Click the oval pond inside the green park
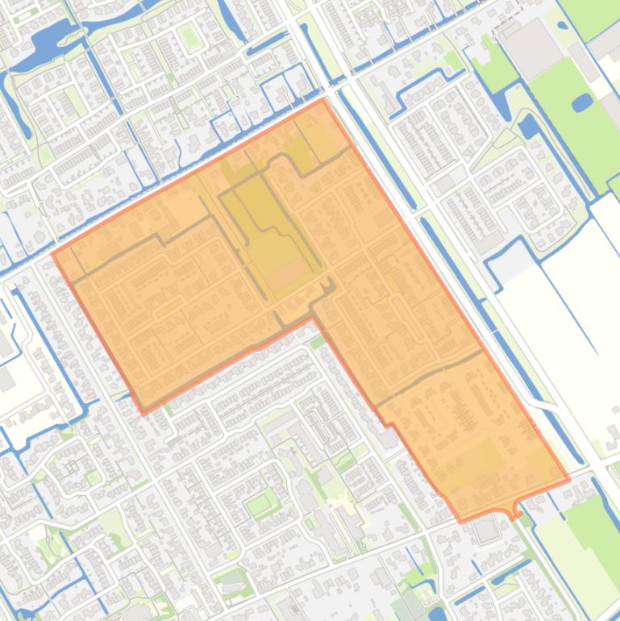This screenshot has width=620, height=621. (580, 102)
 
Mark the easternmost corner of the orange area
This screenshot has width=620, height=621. (569, 479)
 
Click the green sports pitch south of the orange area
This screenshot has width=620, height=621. (259, 505)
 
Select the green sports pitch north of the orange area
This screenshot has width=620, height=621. (188, 36)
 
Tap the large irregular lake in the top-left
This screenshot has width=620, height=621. (48, 36)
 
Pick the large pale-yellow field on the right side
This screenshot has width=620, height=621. (564, 323)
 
